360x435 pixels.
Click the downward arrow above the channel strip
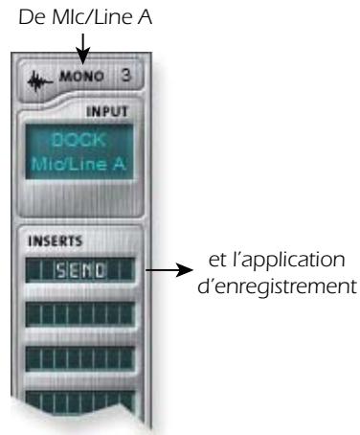[84, 45]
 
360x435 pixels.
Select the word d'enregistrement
[279, 285]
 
